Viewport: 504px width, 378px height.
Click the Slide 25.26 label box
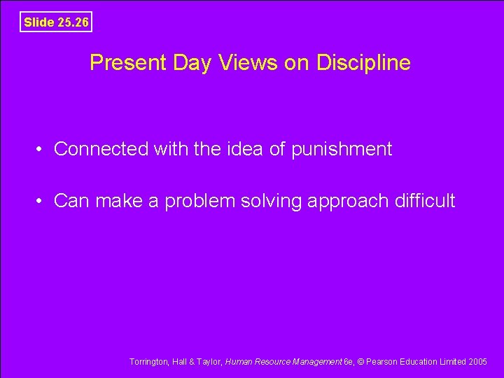[56, 22]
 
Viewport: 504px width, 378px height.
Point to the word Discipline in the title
[363, 64]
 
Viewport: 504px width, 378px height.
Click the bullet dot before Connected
[43, 149]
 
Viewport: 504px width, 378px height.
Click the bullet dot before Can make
[43, 202]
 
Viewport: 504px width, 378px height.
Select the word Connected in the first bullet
[101, 148]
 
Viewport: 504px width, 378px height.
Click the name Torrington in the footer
[148, 362]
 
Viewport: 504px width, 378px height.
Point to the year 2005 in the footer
[478, 362]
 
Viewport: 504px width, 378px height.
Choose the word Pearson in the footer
[382, 362]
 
